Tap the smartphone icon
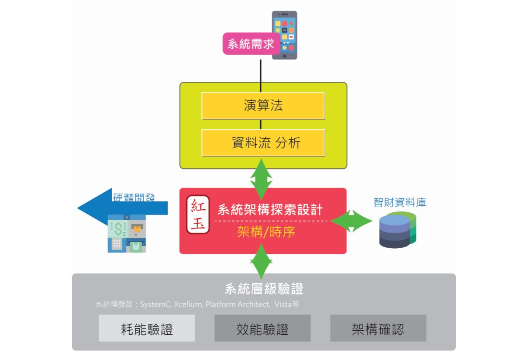[x=284, y=35]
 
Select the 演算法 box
[x=263, y=106]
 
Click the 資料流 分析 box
[x=263, y=143]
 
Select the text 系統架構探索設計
[x=270, y=210]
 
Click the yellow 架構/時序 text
[x=265, y=232]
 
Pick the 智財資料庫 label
[x=400, y=202]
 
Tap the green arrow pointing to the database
[x=349, y=221]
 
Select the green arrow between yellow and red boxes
[x=261, y=179]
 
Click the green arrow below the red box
[x=261, y=261]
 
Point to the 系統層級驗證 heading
[x=264, y=289]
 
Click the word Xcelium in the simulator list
[x=187, y=304]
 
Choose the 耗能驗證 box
[x=147, y=329]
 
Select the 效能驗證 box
[x=262, y=329]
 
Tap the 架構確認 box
[x=378, y=329]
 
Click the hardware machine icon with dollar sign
[x=127, y=233]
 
